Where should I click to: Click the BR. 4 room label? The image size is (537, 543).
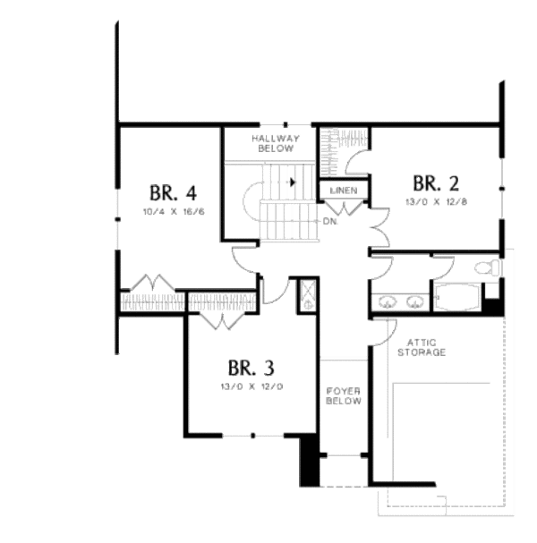click(x=173, y=192)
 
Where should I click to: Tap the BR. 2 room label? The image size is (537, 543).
click(x=436, y=183)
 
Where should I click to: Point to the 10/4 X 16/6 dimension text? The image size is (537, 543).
click(x=173, y=212)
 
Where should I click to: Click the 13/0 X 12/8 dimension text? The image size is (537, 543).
click(x=436, y=203)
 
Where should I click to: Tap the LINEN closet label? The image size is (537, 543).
click(x=344, y=191)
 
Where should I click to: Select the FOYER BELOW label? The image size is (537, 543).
click(x=344, y=396)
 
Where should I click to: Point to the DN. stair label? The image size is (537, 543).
click(x=329, y=221)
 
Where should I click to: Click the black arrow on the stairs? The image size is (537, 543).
click(x=293, y=182)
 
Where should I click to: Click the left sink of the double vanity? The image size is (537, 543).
click(x=389, y=301)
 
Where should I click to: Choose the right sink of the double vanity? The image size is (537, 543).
click(x=414, y=301)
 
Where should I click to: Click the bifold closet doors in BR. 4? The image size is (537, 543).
click(x=152, y=284)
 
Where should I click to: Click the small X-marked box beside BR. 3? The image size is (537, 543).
click(x=307, y=294)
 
